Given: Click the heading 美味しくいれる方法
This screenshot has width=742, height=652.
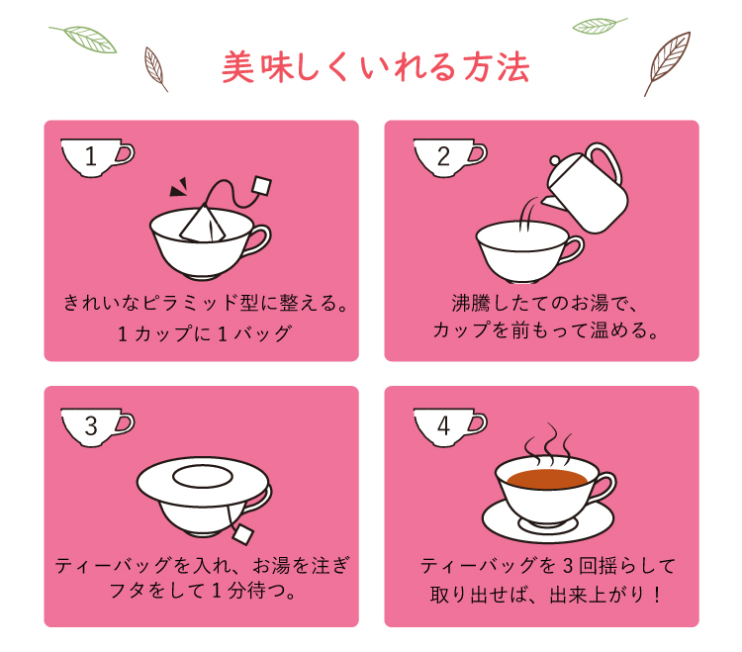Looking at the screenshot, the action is [x=375, y=67].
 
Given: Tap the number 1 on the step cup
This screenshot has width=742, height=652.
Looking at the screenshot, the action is [x=91, y=156].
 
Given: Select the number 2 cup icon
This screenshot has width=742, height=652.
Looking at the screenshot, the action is [x=450, y=158].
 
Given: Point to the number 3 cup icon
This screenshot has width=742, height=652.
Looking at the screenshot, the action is [x=98, y=427].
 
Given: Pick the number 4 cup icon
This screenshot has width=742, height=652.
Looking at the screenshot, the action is [x=450, y=427].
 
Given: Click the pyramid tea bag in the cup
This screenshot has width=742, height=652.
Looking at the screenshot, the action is [x=202, y=223].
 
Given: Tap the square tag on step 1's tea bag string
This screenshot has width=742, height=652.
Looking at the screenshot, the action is [x=262, y=185].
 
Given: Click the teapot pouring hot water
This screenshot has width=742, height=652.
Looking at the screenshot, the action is [x=586, y=188].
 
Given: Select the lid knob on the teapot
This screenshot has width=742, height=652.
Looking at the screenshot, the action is [x=554, y=160].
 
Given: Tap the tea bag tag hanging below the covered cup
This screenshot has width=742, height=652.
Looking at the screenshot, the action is [x=242, y=534].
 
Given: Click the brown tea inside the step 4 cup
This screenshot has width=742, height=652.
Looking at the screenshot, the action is [x=547, y=479].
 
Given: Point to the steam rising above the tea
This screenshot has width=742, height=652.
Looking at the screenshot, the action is [x=549, y=443].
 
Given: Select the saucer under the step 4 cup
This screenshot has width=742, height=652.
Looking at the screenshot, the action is [x=548, y=520].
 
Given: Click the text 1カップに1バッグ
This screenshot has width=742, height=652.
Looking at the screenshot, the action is [x=205, y=334].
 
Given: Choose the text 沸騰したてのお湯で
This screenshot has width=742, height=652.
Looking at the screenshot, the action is [x=544, y=304].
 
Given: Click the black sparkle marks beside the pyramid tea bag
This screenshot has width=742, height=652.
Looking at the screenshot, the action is [x=179, y=187].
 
